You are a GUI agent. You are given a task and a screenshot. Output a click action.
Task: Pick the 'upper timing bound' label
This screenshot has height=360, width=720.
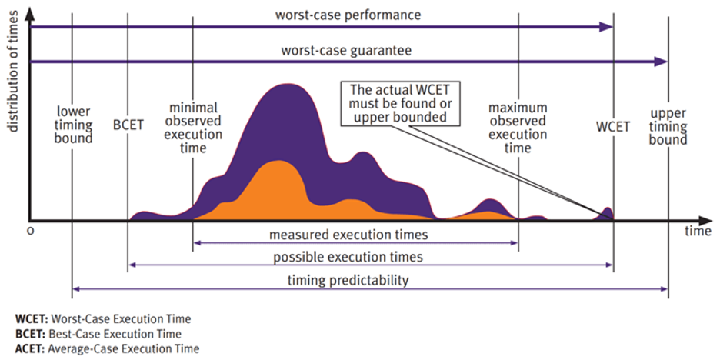tap(668, 125)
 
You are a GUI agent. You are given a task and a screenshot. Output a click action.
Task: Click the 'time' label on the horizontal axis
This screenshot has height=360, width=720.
tap(698, 231)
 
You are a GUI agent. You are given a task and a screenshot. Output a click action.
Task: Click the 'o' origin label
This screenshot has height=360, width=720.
tap(30, 231)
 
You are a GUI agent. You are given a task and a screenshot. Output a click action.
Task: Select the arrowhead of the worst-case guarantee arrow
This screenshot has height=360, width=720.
tap(662, 61)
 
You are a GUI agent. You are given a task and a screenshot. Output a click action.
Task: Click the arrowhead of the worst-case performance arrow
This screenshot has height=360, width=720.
tap(608, 27)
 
